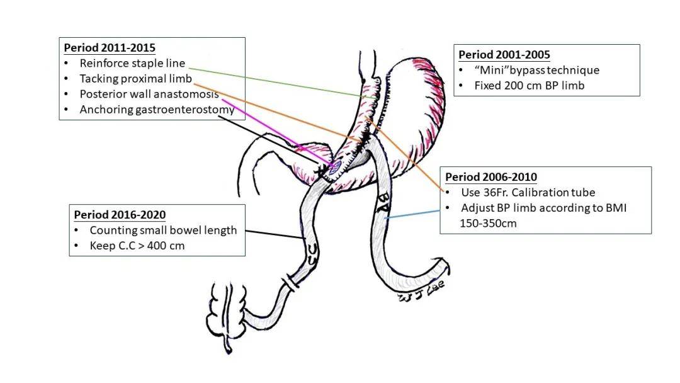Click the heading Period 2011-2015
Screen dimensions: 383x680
tap(110, 48)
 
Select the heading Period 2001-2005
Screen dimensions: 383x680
tap(504, 55)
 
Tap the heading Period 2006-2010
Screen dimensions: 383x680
tap(491, 177)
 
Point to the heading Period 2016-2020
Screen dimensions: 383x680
tap(120, 215)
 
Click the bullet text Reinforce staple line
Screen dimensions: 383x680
tap(132, 63)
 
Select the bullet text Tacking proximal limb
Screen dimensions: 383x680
tap(135, 79)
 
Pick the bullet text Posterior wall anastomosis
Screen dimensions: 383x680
tap(149, 94)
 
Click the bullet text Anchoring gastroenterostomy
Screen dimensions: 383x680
tap(157, 110)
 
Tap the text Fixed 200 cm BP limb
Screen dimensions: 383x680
tap(529, 85)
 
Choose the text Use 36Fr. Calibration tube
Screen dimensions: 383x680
tap(528, 192)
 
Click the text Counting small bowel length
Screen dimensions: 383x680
tap(163, 230)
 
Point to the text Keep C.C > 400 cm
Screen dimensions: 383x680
tap(137, 246)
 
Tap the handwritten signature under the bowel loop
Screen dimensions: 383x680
tap(422, 290)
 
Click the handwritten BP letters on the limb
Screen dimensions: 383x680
tap(383, 203)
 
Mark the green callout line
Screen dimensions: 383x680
tap(271, 81)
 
